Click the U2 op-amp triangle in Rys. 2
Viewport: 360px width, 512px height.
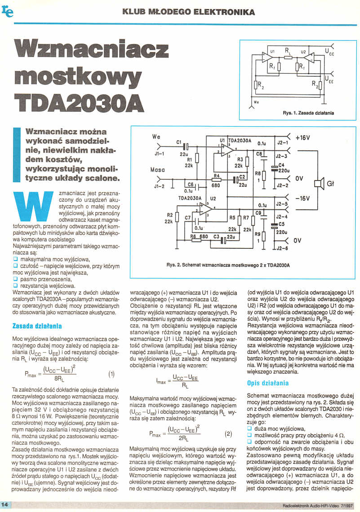pyautogui.click(x=205, y=209)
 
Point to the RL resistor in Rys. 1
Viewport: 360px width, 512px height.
pyautogui.click(x=288, y=57)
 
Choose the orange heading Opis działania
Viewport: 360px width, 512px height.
pyautogui.click(x=268, y=383)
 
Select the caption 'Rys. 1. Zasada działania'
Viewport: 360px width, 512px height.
pyautogui.click(x=308, y=113)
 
